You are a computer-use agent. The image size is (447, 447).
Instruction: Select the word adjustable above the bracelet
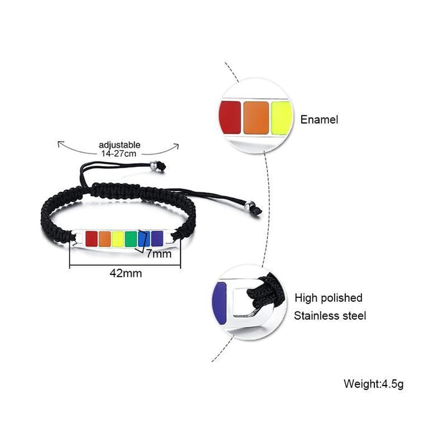120,145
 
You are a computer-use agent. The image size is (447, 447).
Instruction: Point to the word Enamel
320,120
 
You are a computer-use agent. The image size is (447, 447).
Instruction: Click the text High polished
328,298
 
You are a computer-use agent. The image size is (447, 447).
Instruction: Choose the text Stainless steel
330,315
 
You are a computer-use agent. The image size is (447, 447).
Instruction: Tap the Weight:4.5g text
374,383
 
